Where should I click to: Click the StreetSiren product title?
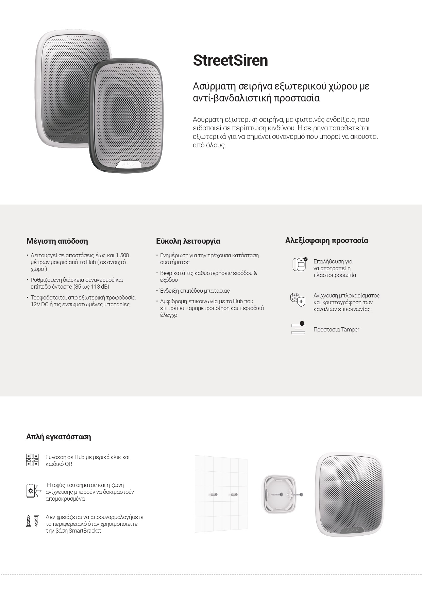[230, 61]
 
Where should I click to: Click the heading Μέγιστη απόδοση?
[57, 241]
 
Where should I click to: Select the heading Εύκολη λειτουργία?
[188, 241]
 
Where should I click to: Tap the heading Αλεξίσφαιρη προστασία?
[326, 240]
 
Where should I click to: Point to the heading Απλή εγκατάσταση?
[58, 437]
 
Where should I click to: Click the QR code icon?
[32, 460]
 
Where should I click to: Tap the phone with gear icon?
[32, 491]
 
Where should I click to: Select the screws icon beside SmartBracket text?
[33, 521]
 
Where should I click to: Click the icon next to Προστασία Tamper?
[298, 328]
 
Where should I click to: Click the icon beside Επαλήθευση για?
[299, 264]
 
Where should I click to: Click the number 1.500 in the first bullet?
[122, 255]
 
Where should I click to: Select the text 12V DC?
[39, 304]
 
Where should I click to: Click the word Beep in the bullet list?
[166, 273]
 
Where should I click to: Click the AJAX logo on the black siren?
[128, 165]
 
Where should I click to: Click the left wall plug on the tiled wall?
[214, 494]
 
